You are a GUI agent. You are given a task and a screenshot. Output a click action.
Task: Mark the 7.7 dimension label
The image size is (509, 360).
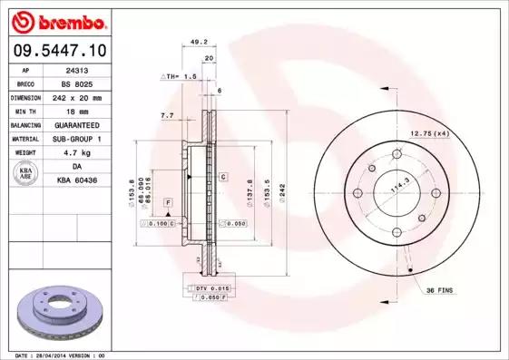pyautogui.click(x=167, y=116)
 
